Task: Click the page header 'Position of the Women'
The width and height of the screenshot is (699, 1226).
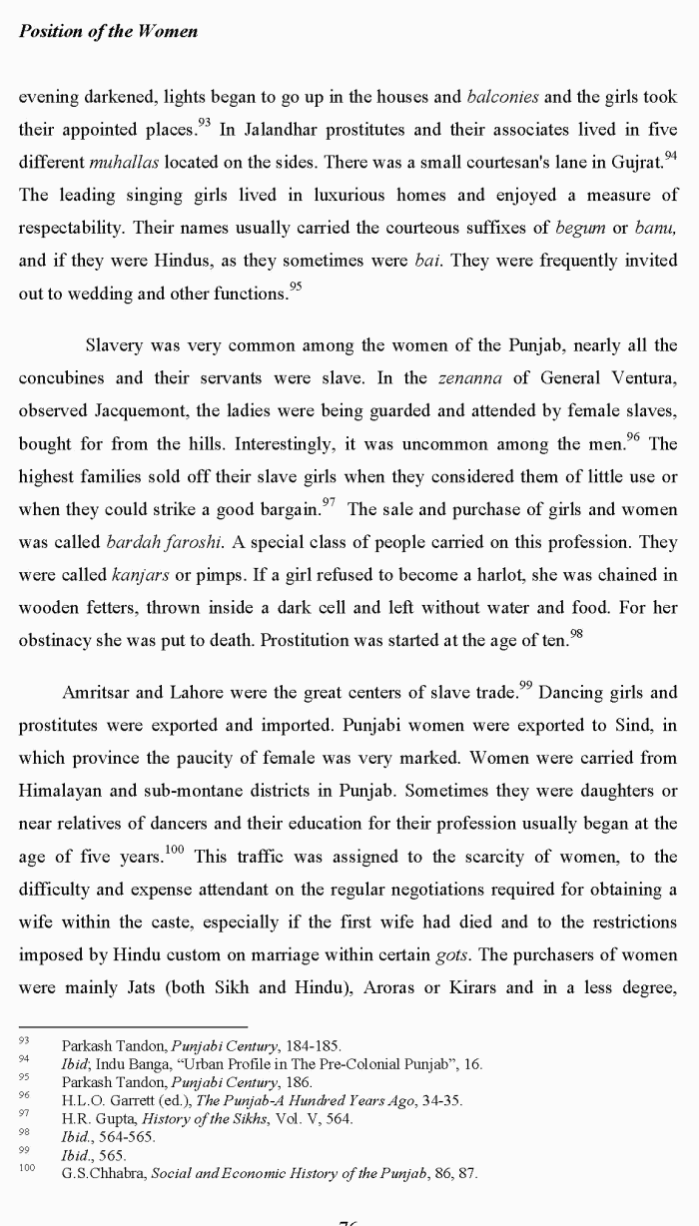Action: [x=108, y=31]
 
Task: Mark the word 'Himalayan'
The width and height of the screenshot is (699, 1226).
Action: [x=68, y=791]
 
